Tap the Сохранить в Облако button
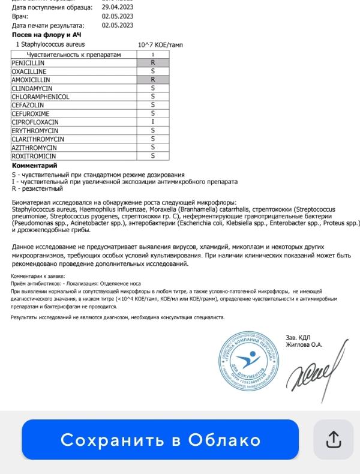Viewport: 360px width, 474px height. [x=160, y=440]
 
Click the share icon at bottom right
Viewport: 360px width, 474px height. [x=333, y=440]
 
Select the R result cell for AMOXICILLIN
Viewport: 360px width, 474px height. [x=152, y=79]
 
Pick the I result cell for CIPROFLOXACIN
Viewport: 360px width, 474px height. [x=152, y=122]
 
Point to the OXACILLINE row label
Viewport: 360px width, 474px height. [x=28, y=71]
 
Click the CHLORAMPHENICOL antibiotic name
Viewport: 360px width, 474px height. [x=40, y=97]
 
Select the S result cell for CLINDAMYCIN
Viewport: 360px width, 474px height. [x=152, y=88]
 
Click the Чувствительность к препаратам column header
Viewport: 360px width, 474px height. [x=74, y=55]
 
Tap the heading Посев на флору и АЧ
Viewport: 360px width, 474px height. [x=47, y=35]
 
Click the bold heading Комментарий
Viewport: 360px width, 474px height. [x=35, y=166]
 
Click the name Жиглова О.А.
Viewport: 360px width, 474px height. [x=304, y=344]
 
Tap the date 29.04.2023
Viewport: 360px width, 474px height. [x=118, y=7]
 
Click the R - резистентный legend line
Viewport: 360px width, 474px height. [x=37, y=188]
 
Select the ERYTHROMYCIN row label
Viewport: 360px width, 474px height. [x=35, y=130]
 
